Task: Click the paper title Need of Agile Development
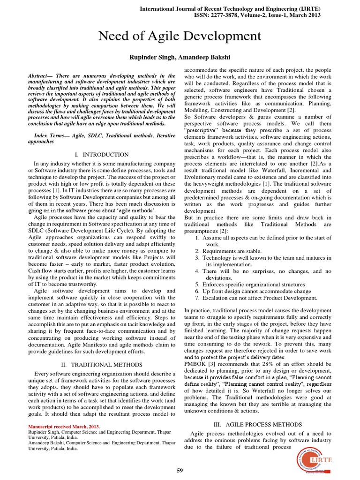click(x=180, y=36)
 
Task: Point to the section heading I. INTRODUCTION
click(x=101, y=154)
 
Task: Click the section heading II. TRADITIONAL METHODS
click(x=101, y=364)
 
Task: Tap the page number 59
click(x=180, y=470)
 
